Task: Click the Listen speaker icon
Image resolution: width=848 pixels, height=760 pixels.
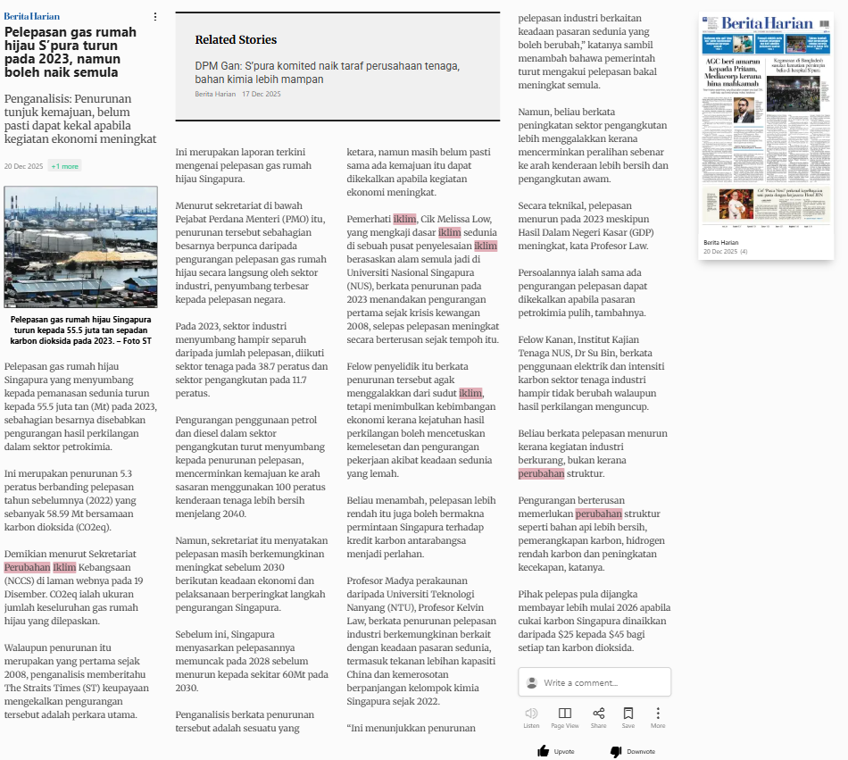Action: (x=531, y=713)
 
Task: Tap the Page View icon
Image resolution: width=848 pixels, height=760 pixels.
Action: (x=565, y=713)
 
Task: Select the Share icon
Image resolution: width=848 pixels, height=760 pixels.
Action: (x=598, y=713)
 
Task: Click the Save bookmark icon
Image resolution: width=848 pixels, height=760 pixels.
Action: (x=628, y=713)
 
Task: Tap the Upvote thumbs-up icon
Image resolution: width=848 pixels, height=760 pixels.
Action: (x=543, y=751)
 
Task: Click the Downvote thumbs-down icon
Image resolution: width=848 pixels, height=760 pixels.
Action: (x=615, y=751)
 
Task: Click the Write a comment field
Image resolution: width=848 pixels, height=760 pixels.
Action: (x=598, y=682)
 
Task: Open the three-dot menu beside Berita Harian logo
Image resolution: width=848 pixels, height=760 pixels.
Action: (x=154, y=16)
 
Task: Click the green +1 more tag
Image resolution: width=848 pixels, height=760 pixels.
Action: (x=64, y=166)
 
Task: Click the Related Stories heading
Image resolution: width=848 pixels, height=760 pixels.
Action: (x=236, y=39)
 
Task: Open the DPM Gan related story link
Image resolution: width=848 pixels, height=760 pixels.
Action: (x=327, y=72)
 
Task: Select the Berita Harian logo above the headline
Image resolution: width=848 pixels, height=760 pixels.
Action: (x=32, y=16)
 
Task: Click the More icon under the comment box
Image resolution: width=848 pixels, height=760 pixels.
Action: (x=658, y=713)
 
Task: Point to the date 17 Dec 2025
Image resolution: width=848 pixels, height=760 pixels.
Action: (x=262, y=95)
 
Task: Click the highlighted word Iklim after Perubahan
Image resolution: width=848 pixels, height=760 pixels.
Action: (x=64, y=567)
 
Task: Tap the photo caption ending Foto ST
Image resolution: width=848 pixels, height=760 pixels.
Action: (x=80, y=330)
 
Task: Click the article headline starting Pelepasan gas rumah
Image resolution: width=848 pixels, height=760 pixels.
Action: (x=71, y=52)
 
